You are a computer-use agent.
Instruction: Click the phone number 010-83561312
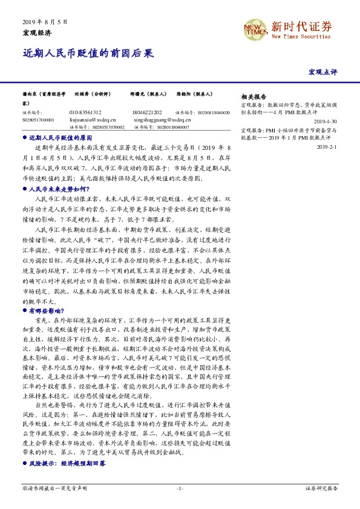(86, 112)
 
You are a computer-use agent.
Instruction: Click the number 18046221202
(146, 112)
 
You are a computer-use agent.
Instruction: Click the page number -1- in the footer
(180, 487)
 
